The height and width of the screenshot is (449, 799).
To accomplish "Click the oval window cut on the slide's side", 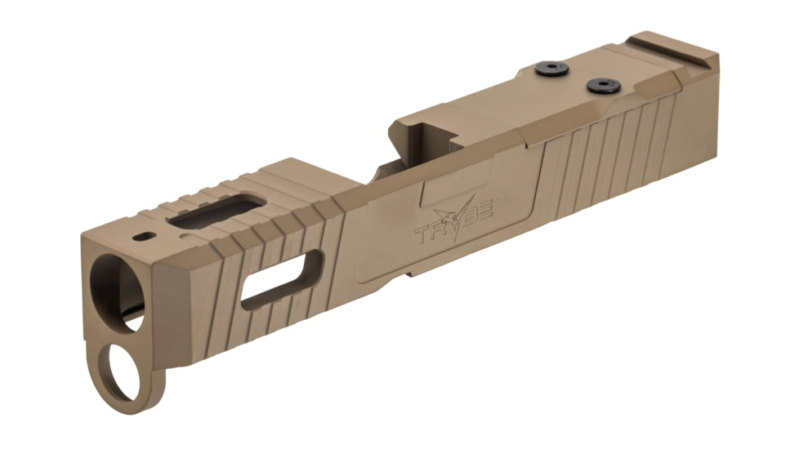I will (283, 282).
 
